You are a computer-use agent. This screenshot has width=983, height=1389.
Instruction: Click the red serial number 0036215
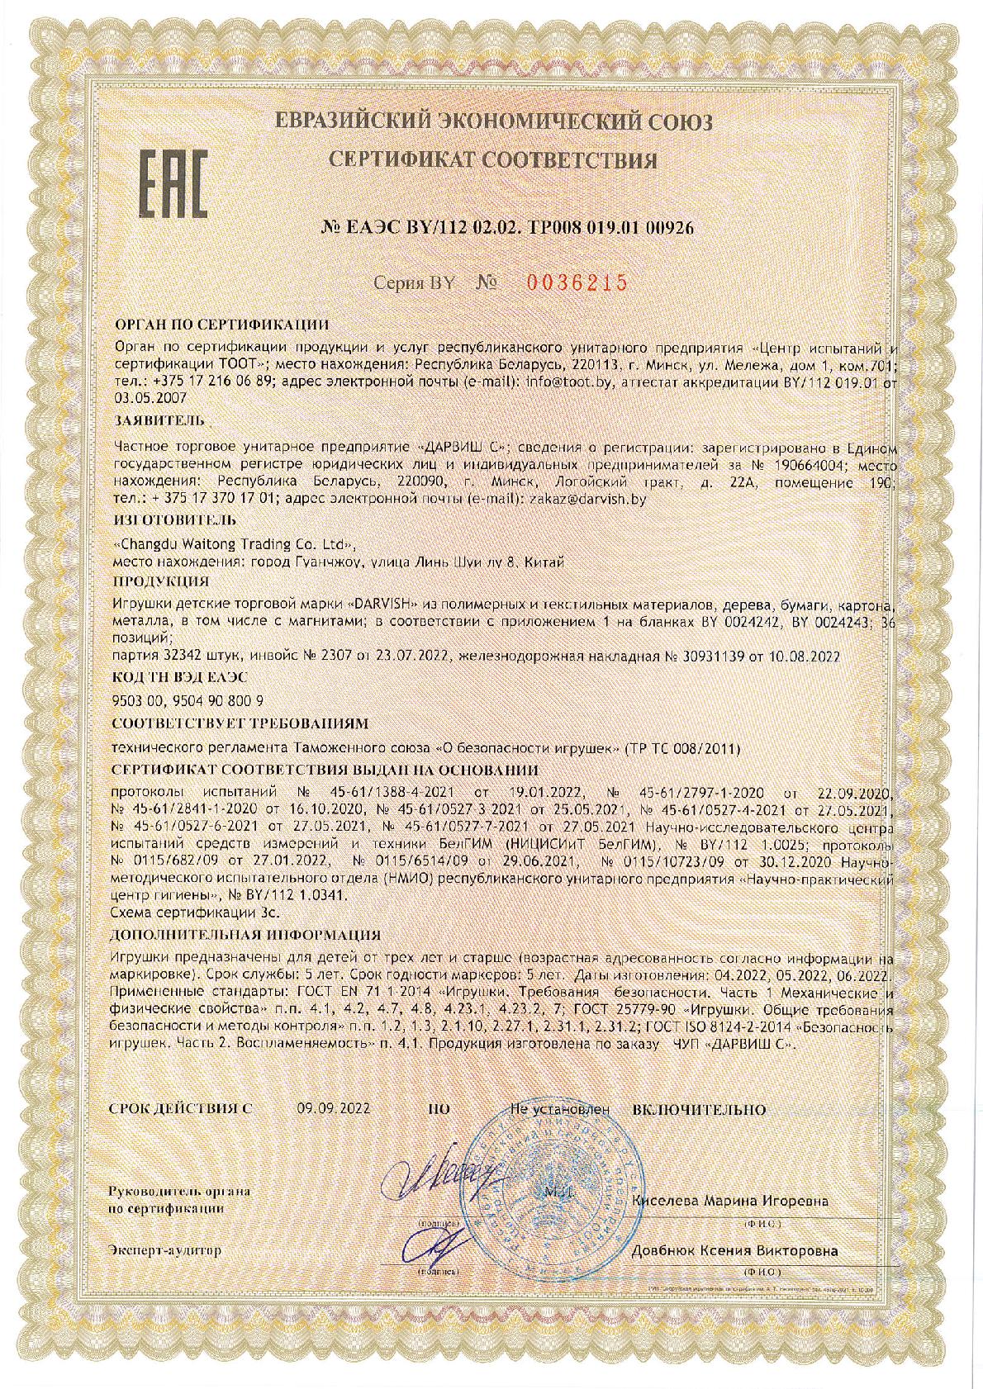(577, 282)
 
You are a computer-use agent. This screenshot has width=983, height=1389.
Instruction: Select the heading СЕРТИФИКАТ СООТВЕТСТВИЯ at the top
(493, 159)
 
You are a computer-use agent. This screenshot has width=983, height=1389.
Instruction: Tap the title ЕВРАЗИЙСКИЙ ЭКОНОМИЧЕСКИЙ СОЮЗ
(493, 122)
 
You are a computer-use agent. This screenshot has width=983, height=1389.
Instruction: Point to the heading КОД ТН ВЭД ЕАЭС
(179, 676)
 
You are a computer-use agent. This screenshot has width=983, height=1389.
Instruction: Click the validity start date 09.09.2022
(333, 1109)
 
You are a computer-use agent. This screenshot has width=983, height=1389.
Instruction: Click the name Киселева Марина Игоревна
(729, 1201)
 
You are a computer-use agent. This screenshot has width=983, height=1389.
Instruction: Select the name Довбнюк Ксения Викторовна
(734, 1250)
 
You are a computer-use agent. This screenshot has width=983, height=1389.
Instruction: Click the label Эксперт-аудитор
(165, 1250)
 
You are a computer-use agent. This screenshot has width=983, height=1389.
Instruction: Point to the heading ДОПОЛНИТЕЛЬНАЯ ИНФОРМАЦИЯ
(245, 935)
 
